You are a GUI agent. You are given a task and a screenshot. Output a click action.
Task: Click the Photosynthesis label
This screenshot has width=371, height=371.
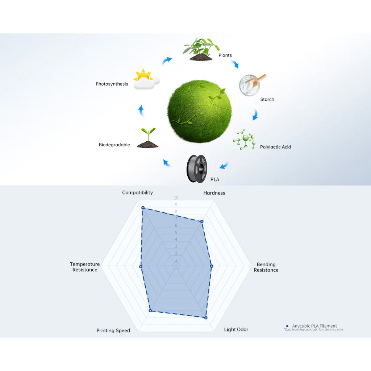pos(112,84)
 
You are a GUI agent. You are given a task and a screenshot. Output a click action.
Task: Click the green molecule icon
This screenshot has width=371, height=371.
pos(245,139)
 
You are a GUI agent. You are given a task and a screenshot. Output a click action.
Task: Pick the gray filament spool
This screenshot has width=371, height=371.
pos(197,169)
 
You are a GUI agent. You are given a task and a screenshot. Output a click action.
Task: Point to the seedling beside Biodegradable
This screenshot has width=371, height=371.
pos(148,138)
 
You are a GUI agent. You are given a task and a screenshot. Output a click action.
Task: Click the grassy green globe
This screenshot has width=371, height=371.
pos(200,111)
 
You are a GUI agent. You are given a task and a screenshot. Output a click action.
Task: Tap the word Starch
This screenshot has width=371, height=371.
pos(267,99)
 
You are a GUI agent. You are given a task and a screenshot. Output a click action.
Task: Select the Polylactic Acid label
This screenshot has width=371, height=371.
pos(275,147)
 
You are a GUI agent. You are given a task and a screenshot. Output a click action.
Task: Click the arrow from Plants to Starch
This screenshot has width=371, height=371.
pos(235,64)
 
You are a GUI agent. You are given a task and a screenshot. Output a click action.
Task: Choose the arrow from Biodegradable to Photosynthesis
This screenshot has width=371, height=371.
pos(141,111)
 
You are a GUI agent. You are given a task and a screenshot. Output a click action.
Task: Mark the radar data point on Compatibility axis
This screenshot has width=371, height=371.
pos(143,208)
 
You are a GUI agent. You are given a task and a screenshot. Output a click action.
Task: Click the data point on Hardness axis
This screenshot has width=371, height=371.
pos(202,221)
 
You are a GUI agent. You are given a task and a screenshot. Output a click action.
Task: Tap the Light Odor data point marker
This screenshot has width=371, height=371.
pos(206,318)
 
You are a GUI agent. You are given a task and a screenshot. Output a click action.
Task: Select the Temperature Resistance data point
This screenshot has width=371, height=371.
pos(141,267)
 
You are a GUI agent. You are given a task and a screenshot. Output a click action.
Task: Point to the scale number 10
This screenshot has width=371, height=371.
pos(176,198)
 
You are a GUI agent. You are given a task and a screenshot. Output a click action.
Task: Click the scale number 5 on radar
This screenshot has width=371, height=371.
pos(176,233)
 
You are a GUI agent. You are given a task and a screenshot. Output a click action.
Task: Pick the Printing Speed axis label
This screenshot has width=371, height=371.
pos(113,330)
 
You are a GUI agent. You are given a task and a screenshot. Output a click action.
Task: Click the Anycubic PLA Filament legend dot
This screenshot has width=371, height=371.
pos(287,326)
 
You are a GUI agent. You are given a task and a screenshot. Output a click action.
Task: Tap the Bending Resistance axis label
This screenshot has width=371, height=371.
pos(266,267)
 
